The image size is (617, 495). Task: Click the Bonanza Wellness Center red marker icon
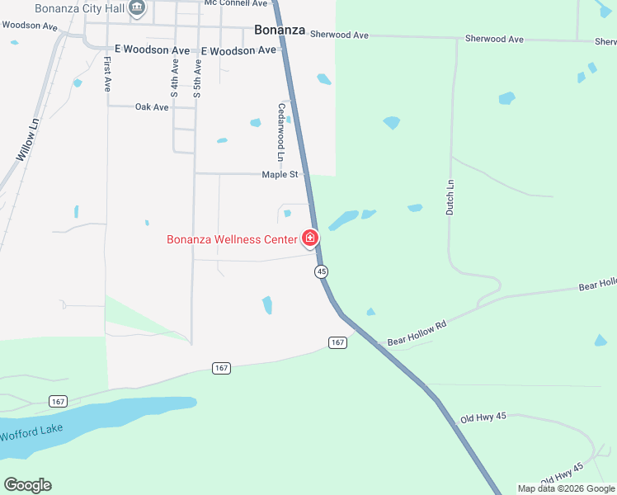tap(310, 238)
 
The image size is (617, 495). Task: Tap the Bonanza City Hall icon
tap(138, 9)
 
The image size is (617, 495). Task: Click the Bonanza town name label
tap(280, 31)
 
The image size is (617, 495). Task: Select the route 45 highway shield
tap(321, 271)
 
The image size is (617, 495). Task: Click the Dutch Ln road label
tap(450, 198)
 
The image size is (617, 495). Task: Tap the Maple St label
tap(280, 175)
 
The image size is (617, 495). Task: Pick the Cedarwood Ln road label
tap(281, 132)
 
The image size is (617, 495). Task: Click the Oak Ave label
tap(152, 107)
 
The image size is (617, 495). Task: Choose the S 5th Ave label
tap(197, 78)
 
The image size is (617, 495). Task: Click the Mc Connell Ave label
tap(236, 3)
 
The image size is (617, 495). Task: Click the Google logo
tap(27, 485)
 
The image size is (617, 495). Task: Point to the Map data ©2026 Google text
tap(566, 488)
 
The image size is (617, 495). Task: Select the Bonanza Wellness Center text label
tap(232, 240)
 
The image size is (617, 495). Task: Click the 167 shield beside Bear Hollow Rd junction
tap(337, 342)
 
